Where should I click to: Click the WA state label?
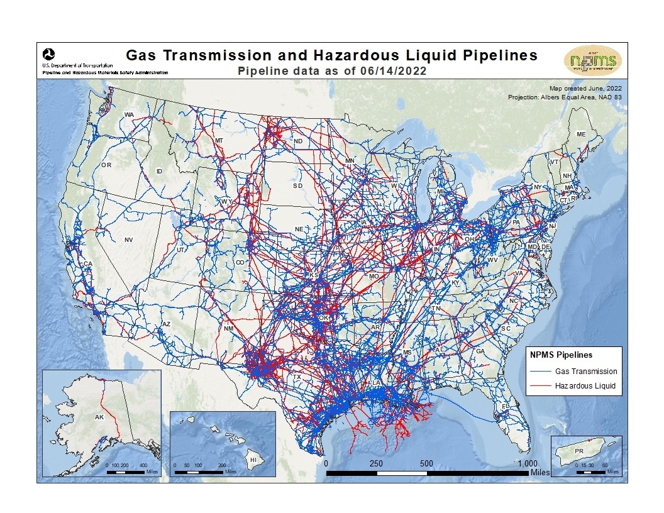pyautogui.click(x=129, y=114)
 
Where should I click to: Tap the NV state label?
pyautogui.click(x=129, y=240)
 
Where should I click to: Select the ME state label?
pyautogui.click(x=580, y=135)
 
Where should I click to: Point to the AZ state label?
pyautogui.click(x=167, y=324)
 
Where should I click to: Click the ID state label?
pyautogui.click(x=159, y=171)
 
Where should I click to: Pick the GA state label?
pyautogui.click(x=480, y=351)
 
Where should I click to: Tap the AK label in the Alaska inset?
pyautogui.click(x=99, y=417)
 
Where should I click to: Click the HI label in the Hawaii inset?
pyautogui.click(x=253, y=460)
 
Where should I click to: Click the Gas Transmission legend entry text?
pyautogui.click(x=586, y=372)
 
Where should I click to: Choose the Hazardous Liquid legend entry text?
pyautogui.click(x=585, y=385)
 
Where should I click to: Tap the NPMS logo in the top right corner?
pyautogui.click(x=592, y=60)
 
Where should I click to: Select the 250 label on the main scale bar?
pyautogui.click(x=376, y=463)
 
